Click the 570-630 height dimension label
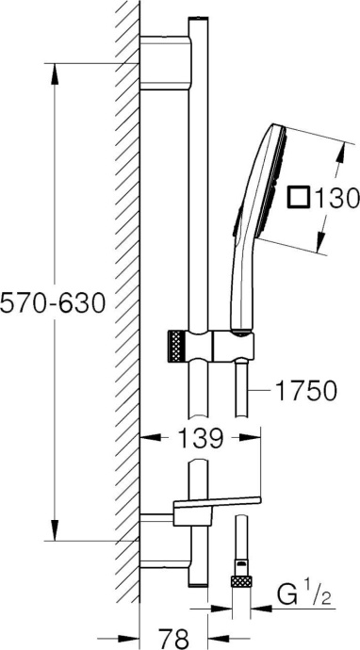click(52, 304)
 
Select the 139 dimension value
click(201, 437)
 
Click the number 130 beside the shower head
click(336, 197)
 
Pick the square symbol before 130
click(299, 197)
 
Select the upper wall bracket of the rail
click(166, 62)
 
